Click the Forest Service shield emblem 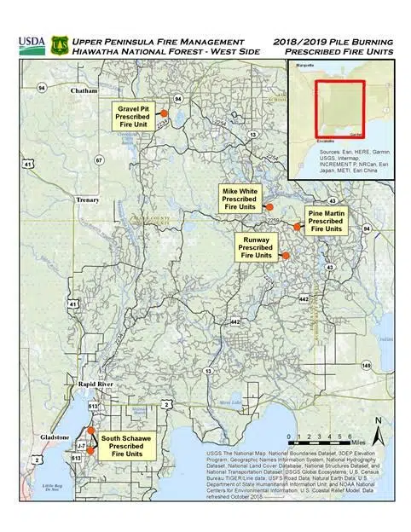tap(61, 43)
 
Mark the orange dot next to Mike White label tap(268, 207)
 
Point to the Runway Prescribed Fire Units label tap(257, 248)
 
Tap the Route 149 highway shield tap(366, 366)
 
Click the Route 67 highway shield tap(99, 160)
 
